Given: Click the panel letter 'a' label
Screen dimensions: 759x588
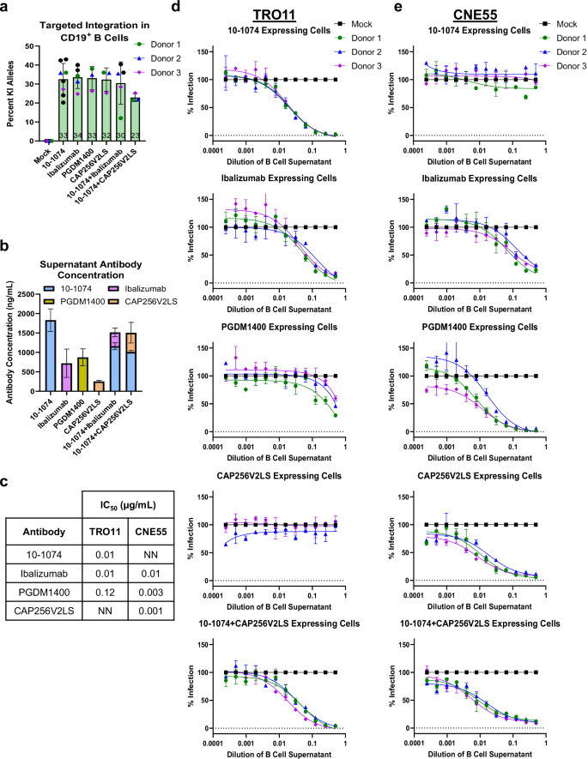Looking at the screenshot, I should pyautogui.click(x=6, y=8).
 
